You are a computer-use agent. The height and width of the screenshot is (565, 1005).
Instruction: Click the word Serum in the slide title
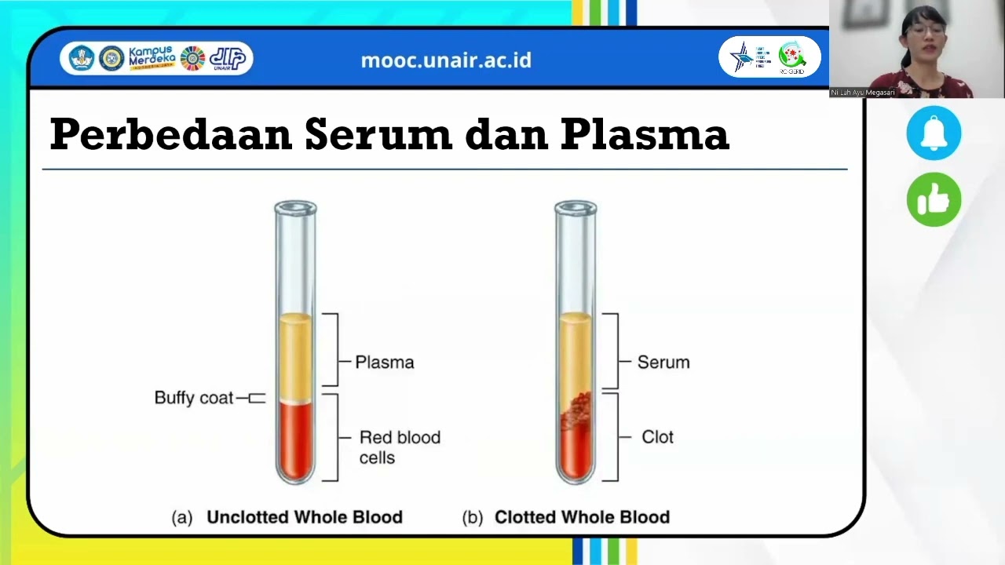pos(378,135)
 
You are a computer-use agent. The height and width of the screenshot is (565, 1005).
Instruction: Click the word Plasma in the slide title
pos(645,135)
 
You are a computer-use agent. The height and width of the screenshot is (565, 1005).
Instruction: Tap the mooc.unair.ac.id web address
pos(446,60)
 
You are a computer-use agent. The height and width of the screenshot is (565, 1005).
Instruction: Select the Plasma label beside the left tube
pos(384,363)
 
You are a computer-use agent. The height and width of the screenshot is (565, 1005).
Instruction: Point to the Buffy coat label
pos(194,398)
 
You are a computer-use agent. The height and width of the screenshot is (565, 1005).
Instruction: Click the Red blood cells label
pos(399,447)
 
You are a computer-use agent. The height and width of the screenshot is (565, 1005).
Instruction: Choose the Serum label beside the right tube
pos(663,363)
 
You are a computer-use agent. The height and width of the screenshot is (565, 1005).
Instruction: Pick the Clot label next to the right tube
pos(657,437)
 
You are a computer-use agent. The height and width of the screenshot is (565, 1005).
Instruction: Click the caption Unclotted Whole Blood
pos(304,517)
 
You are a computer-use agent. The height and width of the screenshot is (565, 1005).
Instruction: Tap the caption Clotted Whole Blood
pos(582,517)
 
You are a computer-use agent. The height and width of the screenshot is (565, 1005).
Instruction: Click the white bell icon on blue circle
pos(934,133)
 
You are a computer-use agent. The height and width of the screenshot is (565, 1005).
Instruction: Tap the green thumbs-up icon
pos(934,200)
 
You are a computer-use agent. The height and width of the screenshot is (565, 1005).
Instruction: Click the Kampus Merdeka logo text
pos(152,58)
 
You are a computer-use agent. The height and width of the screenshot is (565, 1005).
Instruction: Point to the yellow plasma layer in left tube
pos(295,357)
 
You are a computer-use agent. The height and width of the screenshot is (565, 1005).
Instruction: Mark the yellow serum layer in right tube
pos(576,353)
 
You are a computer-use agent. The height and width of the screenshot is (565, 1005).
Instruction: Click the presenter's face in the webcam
pos(923,35)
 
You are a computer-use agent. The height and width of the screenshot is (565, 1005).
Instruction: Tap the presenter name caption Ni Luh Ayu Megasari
pos(863,93)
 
